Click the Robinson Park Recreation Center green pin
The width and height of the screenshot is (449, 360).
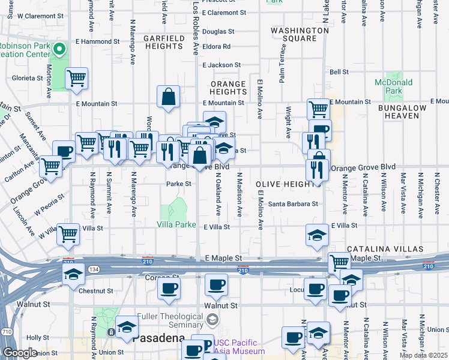click(59, 49)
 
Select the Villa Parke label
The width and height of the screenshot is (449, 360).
click(176, 224)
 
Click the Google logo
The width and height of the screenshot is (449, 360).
click(20, 353)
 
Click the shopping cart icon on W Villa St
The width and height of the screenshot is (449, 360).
click(68, 234)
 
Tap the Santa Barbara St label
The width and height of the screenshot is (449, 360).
click(292, 204)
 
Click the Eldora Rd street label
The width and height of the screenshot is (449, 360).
click(217, 46)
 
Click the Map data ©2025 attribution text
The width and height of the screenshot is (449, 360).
click(423, 355)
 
